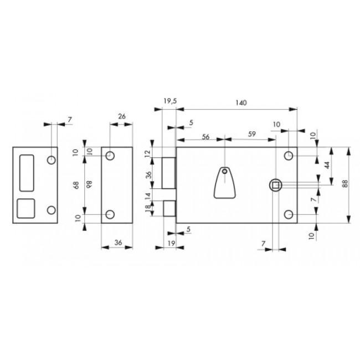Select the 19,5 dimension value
(170, 101)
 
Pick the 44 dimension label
(327, 165)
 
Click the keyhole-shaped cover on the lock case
(224, 182)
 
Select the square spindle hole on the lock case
(274, 184)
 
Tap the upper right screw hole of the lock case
(289, 156)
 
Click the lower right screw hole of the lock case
(289, 215)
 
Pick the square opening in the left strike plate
(25, 208)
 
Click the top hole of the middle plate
(110, 156)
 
